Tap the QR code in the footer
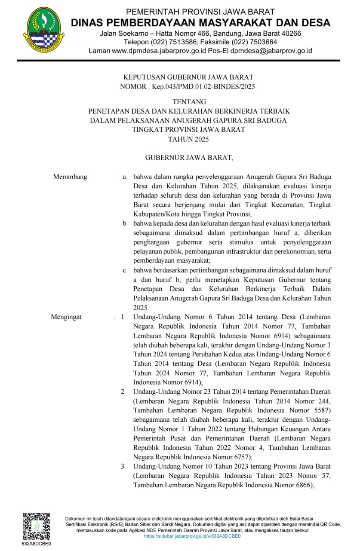(x=36, y=526)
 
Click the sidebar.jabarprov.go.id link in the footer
(x=192, y=536)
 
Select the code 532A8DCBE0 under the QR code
(x=37, y=544)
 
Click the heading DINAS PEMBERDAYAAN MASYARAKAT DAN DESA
(x=200, y=23)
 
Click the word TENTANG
(x=189, y=102)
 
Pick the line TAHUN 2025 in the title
(x=189, y=139)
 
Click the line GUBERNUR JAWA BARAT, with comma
(x=189, y=158)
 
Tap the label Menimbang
(x=70, y=176)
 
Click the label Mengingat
(x=66, y=317)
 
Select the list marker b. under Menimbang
(x=125, y=223)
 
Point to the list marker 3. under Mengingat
(x=123, y=466)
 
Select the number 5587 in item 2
(x=320, y=410)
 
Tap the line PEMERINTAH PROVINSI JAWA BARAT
(x=200, y=12)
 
